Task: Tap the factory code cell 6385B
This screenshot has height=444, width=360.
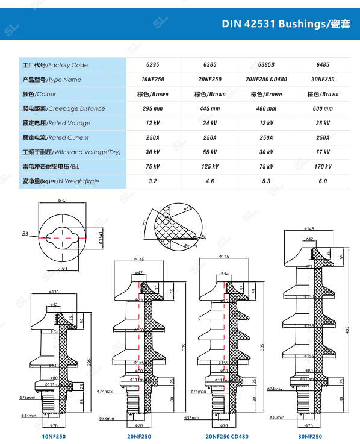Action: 266,65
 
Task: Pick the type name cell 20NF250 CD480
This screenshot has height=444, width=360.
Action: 266,80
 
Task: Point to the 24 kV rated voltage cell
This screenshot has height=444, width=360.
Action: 209,123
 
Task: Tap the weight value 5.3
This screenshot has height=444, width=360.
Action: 266,181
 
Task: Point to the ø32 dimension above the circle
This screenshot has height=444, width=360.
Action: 62,201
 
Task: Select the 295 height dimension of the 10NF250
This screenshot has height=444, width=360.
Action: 89,361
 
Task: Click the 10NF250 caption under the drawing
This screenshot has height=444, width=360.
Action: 54,436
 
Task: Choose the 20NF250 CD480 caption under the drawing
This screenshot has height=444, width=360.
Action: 226,436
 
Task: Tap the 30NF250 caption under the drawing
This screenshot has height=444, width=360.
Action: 310,436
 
